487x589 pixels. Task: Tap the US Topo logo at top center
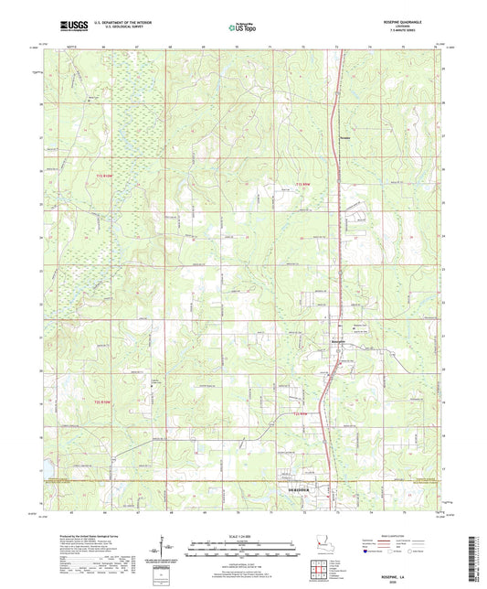click(x=242, y=27)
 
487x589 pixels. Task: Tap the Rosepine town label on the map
click(x=338, y=340)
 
